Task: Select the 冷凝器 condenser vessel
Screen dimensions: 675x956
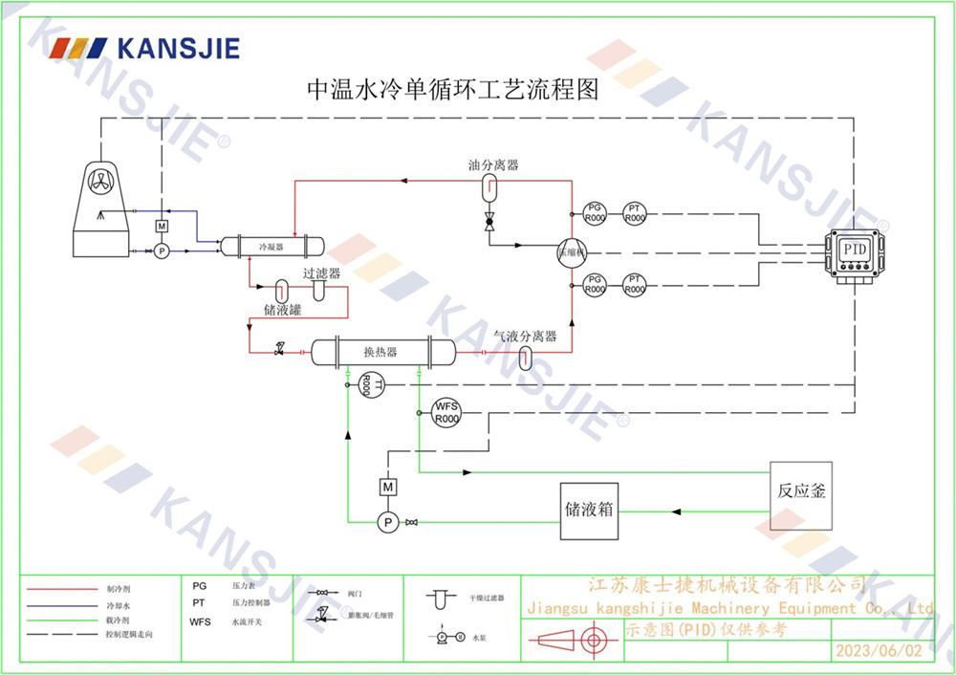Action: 272,247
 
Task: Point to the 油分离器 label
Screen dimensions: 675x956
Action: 493,164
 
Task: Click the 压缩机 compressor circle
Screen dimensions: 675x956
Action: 573,250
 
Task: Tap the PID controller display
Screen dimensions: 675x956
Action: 854,249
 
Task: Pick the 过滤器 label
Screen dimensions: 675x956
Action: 321,273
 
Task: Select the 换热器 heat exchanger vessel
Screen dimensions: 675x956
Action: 380,352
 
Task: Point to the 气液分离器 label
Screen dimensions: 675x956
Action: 525,337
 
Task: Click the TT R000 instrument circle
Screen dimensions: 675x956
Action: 365,384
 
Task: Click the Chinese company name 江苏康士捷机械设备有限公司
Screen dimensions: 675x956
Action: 727,585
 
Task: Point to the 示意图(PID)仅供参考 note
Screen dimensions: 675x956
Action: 707,629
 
